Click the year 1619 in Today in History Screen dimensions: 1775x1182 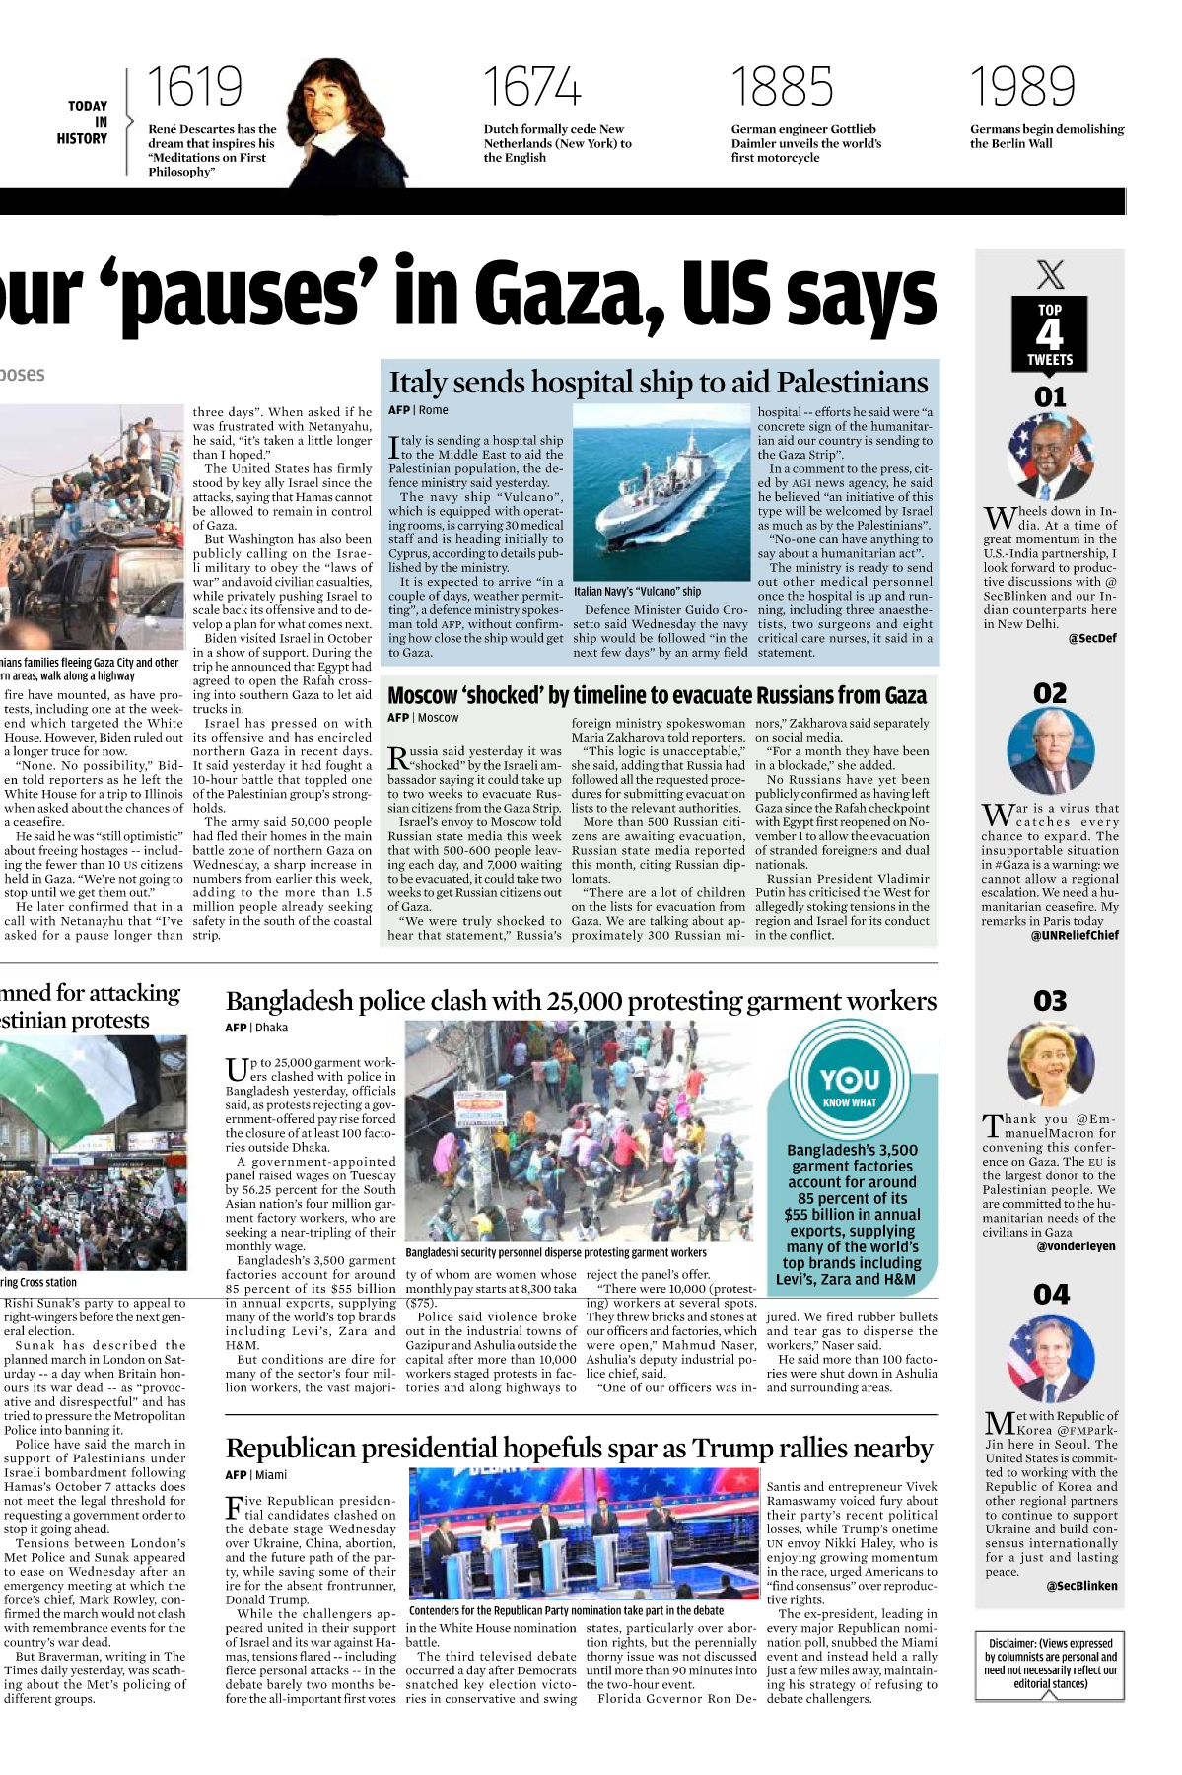tap(194, 87)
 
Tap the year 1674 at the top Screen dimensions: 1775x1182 tap(531, 87)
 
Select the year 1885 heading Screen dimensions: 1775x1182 tap(782, 87)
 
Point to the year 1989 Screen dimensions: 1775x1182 tap(1022, 87)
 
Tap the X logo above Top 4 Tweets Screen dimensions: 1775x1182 tap(1050, 273)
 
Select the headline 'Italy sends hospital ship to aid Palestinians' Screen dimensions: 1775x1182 tap(659, 382)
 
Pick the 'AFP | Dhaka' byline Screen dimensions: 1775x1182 tap(256, 1028)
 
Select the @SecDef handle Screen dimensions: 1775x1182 tap(1092, 638)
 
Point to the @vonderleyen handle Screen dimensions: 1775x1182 tap(1077, 1246)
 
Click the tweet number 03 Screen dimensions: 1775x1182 tap(1050, 1001)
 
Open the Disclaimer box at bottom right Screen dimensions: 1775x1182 tap(1050, 1664)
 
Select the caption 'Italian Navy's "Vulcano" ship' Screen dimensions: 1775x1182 tap(637, 592)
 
